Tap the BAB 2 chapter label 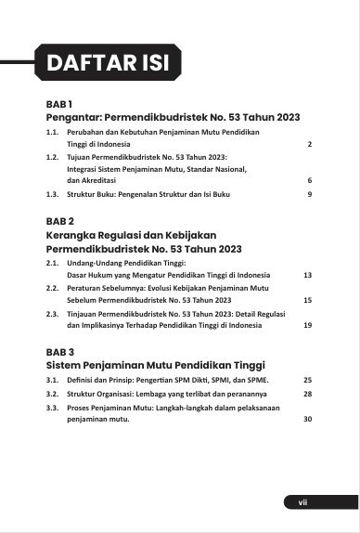pyautogui.click(x=60, y=223)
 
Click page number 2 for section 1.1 pyautogui.click(x=309, y=146)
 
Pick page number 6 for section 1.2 pyautogui.click(x=309, y=180)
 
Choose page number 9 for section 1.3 pyautogui.click(x=309, y=194)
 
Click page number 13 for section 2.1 pyautogui.click(x=307, y=275)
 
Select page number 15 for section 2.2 pyautogui.click(x=307, y=300)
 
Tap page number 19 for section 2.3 pyautogui.click(x=307, y=325)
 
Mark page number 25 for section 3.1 pyautogui.click(x=307, y=380)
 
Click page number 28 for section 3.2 pyautogui.click(x=307, y=394)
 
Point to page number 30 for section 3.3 pyautogui.click(x=307, y=419)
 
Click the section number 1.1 pyautogui.click(x=52, y=134)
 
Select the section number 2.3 pyautogui.click(x=52, y=314)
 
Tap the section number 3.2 pyautogui.click(x=52, y=394)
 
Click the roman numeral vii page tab pyautogui.click(x=302, y=502)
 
